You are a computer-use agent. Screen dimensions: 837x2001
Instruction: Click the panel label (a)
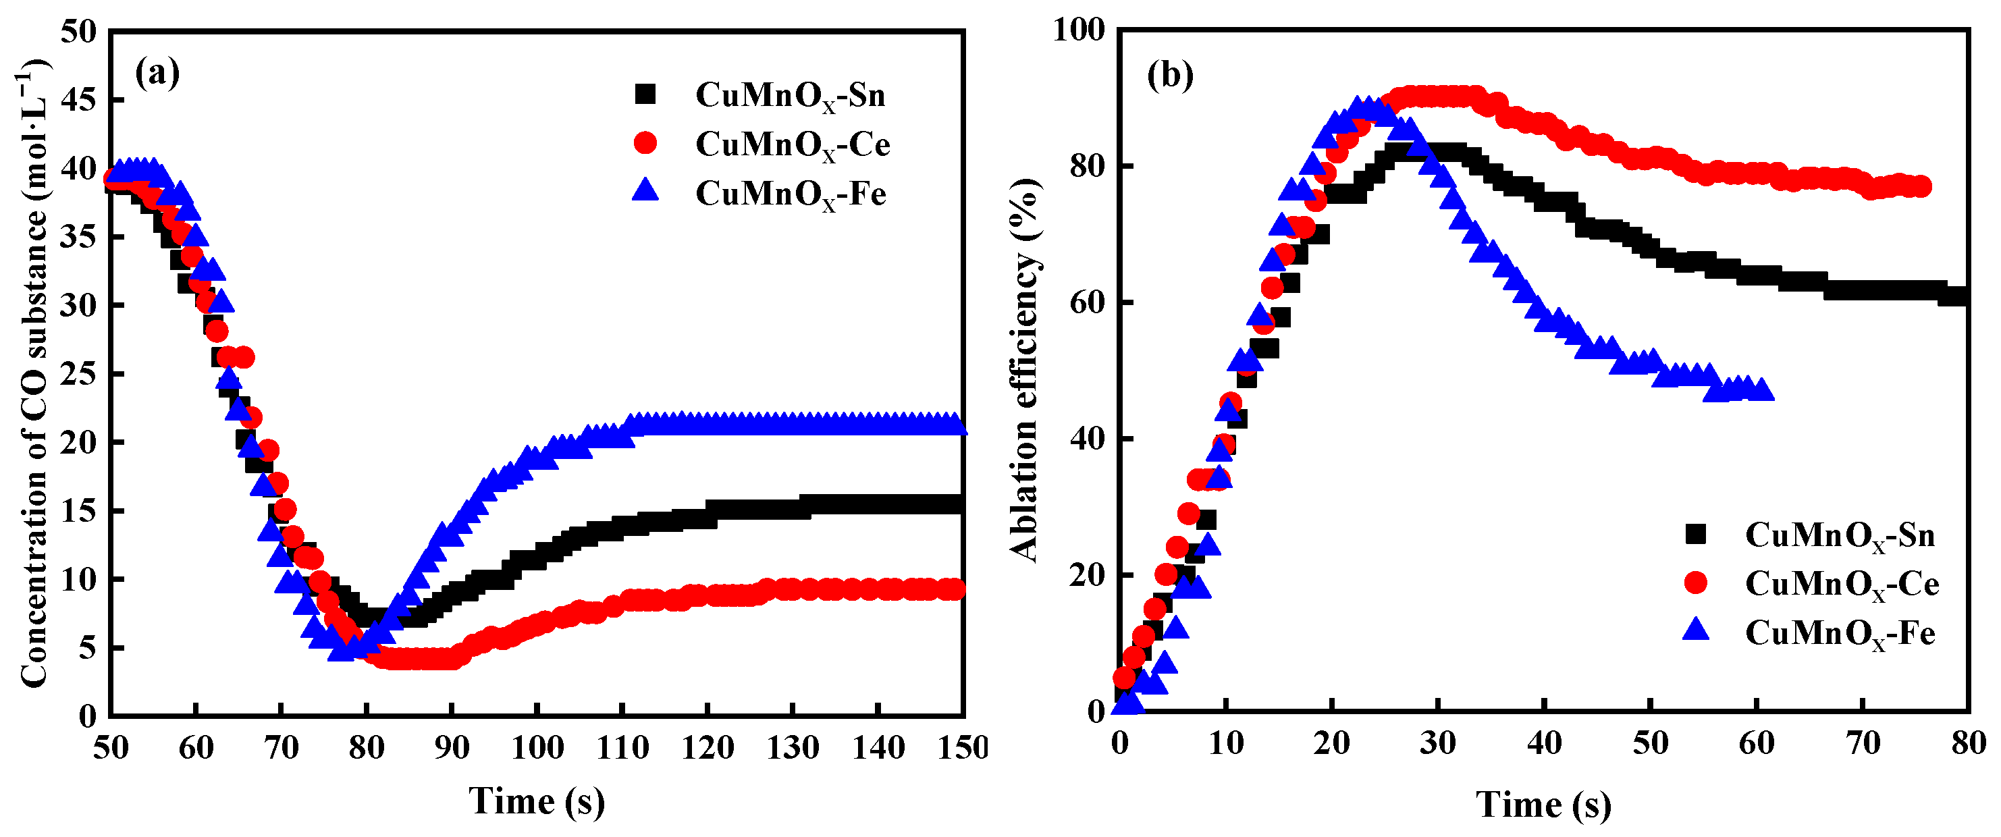click(157, 73)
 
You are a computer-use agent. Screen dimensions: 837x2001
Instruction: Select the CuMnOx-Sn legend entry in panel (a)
click(790, 95)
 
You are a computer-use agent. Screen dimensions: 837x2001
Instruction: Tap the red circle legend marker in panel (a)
click(645, 143)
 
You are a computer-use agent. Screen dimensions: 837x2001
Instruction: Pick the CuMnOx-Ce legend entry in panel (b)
click(1842, 584)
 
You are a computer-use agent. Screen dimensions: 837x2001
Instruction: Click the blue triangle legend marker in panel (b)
click(1697, 630)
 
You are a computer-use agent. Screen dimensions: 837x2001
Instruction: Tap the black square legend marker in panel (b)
click(1696, 533)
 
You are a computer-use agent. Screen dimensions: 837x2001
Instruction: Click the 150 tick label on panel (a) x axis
click(961, 748)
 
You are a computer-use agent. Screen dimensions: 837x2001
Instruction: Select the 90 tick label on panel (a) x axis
click(452, 748)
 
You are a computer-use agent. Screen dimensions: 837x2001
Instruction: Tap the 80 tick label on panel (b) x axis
click(1969, 743)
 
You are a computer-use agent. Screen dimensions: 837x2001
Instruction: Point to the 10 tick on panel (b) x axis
click(1225, 743)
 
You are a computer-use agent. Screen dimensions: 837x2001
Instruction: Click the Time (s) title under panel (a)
click(536, 801)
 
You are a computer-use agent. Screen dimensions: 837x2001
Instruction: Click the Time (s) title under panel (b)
click(1543, 805)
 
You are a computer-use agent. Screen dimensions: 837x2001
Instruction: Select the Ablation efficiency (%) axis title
click(1025, 369)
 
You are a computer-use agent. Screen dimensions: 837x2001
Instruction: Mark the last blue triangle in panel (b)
click(1763, 389)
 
